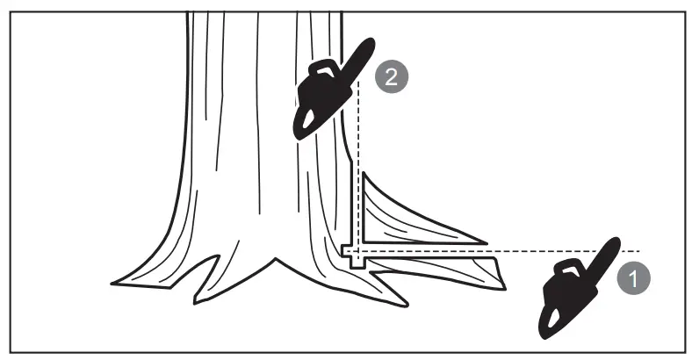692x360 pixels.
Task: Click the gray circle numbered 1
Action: click(x=633, y=279)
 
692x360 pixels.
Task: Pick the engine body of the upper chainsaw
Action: click(x=314, y=99)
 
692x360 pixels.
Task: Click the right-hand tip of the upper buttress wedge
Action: click(x=485, y=240)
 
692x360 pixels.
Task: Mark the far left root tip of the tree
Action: click(x=114, y=283)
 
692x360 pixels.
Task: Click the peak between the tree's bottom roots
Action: click(x=276, y=260)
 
